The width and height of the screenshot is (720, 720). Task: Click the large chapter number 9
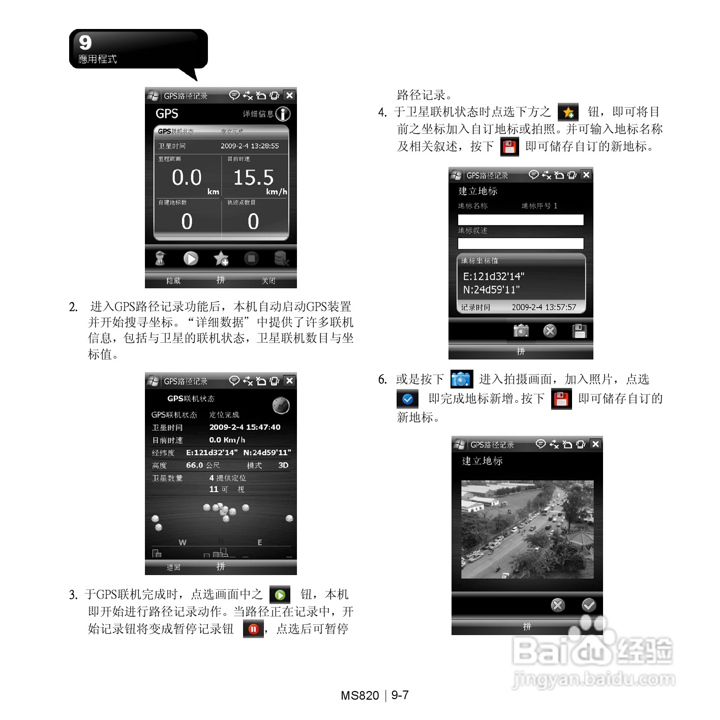[x=85, y=42]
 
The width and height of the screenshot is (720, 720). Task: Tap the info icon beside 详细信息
[x=283, y=114]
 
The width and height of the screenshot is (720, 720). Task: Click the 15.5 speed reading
[x=253, y=177]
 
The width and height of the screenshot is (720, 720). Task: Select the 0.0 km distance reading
[x=187, y=177]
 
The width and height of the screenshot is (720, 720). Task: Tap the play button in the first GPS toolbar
[x=191, y=258]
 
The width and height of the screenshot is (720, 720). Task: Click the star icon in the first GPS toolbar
[x=221, y=258]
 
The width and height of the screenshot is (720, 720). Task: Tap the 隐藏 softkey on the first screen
[x=173, y=281]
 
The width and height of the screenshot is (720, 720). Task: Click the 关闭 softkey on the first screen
[x=268, y=281]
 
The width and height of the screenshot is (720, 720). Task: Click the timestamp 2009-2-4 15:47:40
[x=245, y=427]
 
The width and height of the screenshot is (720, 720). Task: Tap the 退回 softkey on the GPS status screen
[x=173, y=567]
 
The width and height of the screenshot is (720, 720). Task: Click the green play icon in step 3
[x=280, y=594]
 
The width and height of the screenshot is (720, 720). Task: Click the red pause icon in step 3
[x=253, y=629]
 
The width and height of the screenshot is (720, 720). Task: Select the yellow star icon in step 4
[x=568, y=112]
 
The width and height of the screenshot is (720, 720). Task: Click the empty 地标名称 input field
[x=521, y=220]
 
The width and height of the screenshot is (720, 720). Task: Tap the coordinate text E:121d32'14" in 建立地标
[x=493, y=276]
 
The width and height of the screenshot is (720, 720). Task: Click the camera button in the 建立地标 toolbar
[x=521, y=331]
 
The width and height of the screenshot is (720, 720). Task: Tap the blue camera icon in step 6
[x=462, y=379]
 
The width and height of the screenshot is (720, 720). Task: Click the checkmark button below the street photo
[x=588, y=605]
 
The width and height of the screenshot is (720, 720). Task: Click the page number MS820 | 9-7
[x=375, y=695]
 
